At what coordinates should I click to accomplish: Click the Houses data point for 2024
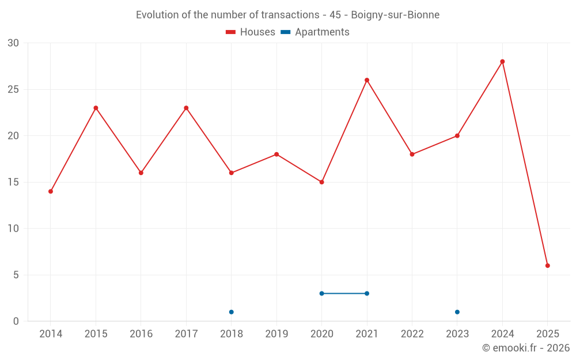[x=502, y=62]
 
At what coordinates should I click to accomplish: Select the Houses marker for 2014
[x=51, y=191]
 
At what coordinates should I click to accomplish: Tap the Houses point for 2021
[x=367, y=80]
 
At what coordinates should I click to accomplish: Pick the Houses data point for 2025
[x=548, y=266]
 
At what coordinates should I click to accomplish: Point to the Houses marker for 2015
[x=96, y=108]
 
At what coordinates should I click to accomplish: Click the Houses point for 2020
[x=321, y=182]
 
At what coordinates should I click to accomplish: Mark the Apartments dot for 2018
[x=231, y=312]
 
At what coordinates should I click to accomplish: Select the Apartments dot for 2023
[x=457, y=312]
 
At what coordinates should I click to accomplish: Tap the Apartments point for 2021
[x=367, y=293]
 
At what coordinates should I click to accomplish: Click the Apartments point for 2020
[x=321, y=293]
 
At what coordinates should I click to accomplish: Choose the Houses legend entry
[x=251, y=32]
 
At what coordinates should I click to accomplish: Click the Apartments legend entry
[x=315, y=32]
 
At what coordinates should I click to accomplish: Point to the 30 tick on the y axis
[x=14, y=43]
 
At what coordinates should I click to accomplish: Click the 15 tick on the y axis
[x=14, y=182]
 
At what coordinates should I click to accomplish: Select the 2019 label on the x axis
[x=276, y=334]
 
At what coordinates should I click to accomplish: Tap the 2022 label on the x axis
[x=412, y=334]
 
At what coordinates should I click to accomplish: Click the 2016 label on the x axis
[x=141, y=334]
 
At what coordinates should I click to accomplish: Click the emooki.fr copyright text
[x=526, y=348]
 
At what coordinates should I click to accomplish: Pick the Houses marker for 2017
[x=186, y=108]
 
